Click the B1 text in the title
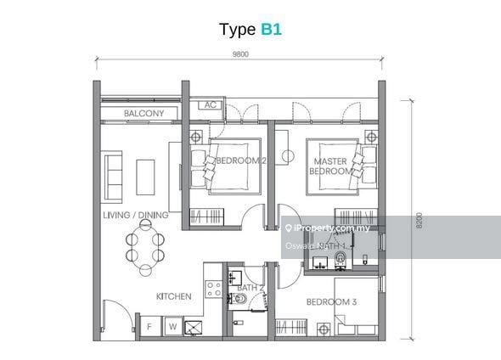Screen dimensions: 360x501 pos(272,29)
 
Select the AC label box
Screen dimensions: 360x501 pos(209,105)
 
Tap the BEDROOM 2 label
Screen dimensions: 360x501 pos(240,160)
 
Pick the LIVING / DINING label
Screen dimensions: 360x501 pos(135,216)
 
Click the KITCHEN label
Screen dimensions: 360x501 pos(173,296)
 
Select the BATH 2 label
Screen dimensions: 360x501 pos(250,288)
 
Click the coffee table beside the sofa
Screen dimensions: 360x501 pos(146,177)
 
